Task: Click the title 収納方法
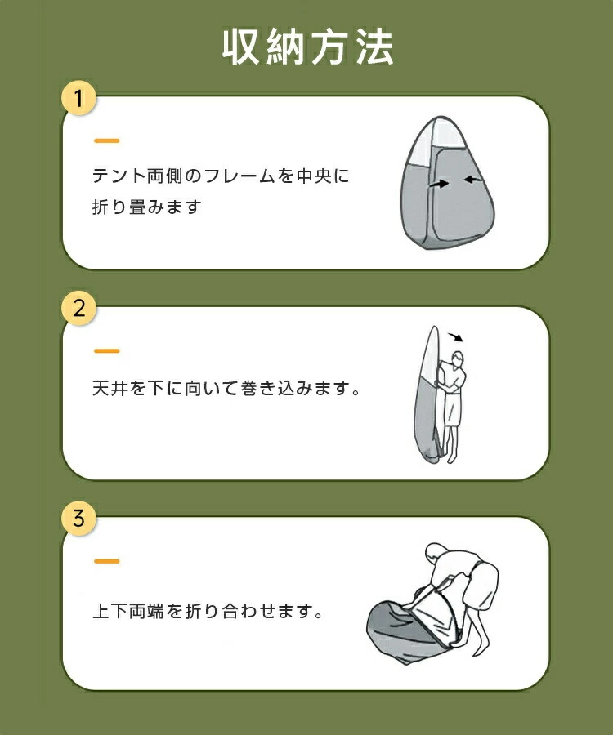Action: click(x=307, y=47)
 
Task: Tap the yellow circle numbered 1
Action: click(x=78, y=99)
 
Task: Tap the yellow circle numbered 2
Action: click(x=78, y=309)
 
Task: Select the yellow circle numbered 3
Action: click(x=78, y=519)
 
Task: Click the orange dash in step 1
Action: click(x=106, y=140)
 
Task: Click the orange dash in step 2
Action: click(x=106, y=350)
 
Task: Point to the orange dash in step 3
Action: click(x=106, y=560)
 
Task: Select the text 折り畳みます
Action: click(x=147, y=207)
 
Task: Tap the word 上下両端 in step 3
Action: click(x=128, y=611)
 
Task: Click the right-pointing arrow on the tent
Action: click(x=439, y=185)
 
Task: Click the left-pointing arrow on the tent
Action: click(x=473, y=180)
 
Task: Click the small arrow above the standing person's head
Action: click(x=456, y=337)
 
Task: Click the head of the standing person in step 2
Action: click(x=457, y=359)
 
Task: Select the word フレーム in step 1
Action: click(x=240, y=176)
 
